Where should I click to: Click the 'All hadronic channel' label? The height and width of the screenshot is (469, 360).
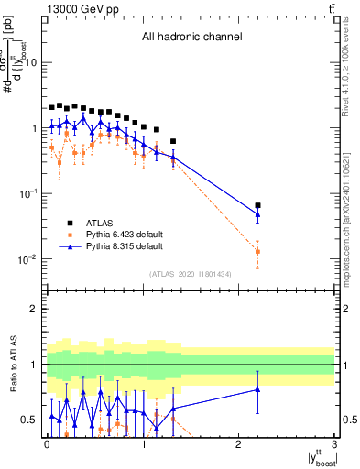tap(191, 37)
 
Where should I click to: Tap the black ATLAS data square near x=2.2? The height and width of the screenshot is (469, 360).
tap(258, 206)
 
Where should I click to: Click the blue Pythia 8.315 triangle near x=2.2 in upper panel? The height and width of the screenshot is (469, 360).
tap(258, 214)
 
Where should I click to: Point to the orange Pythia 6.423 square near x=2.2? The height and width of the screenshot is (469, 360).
tap(258, 251)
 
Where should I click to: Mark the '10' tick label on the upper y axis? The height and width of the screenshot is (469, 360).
tap(30, 62)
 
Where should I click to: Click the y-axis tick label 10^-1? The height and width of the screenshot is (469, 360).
tap(28, 193)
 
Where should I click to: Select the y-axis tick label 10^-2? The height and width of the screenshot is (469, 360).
tap(28, 259)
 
